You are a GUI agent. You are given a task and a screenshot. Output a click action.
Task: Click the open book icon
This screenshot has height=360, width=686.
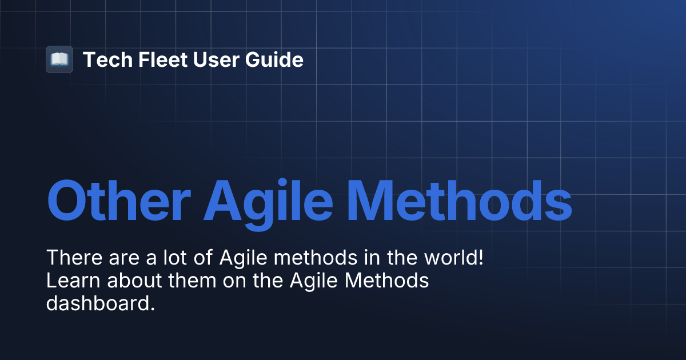pos(59,59)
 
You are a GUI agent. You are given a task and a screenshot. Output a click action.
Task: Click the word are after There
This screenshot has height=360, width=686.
pos(119,258)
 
